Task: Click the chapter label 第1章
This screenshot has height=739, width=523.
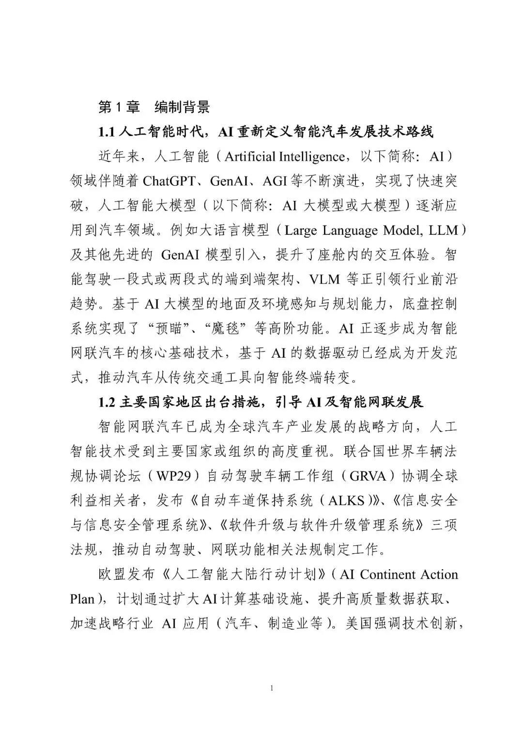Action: (x=119, y=107)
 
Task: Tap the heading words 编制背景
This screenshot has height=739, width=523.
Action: (x=182, y=107)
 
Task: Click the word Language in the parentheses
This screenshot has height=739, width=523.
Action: (x=354, y=230)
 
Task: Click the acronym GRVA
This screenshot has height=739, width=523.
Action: (x=368, y=476)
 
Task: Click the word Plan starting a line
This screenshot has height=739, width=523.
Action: (x=82, y=599)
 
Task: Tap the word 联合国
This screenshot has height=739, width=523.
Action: (x=357, y=452)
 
